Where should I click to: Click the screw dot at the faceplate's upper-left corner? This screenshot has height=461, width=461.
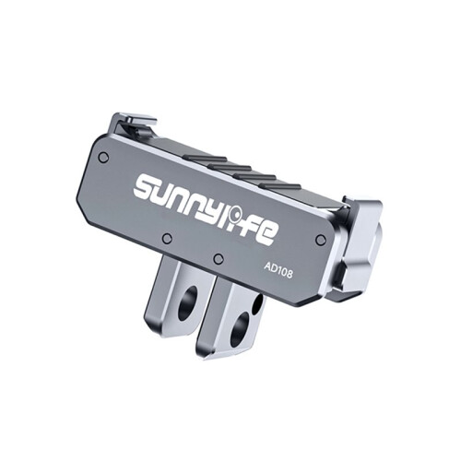pos(104,158)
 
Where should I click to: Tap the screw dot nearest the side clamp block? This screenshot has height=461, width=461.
pos(320,238)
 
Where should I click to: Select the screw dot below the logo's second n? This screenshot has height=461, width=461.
pos(167,237)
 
